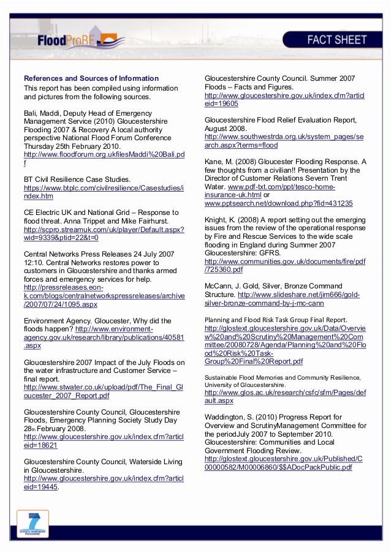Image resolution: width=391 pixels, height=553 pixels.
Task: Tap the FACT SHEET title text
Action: tap(337, 40)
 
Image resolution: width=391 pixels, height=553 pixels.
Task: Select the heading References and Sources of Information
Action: tap(91, 78)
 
